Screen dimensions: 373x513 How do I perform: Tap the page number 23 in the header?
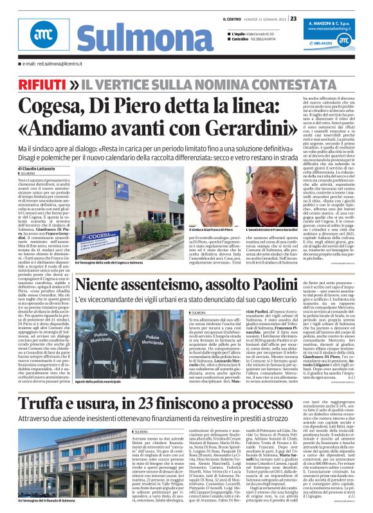[293, 19]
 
